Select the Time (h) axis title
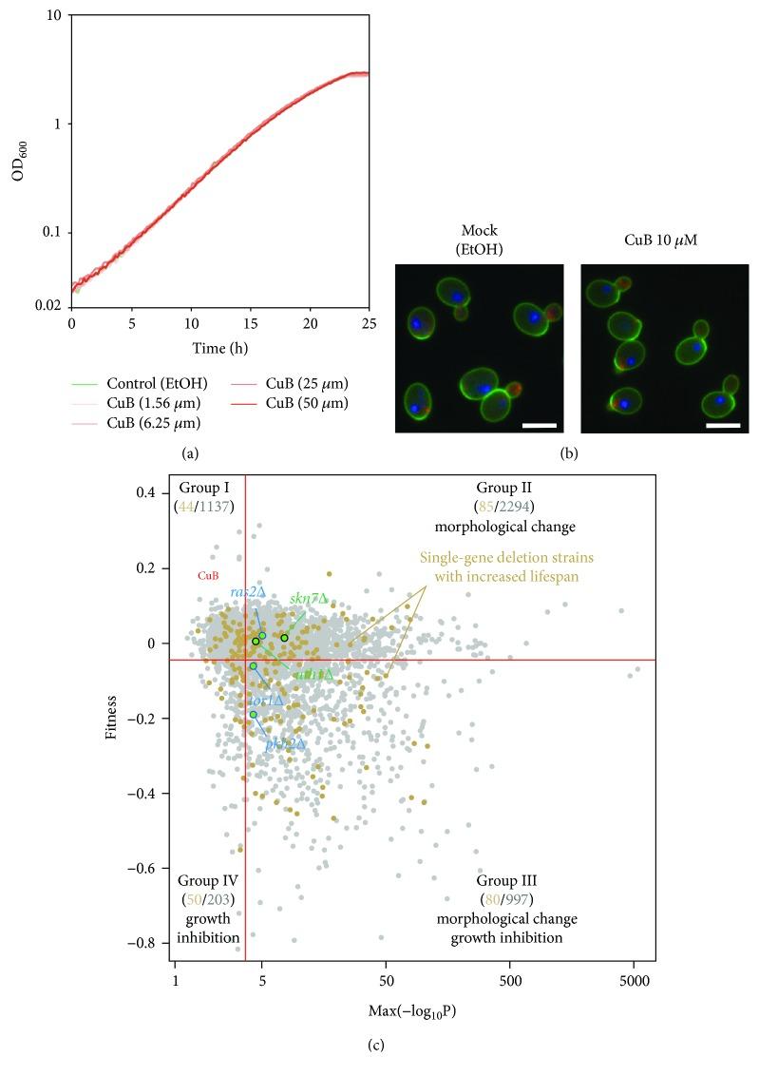point(219,349)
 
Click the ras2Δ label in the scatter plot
point(248,591)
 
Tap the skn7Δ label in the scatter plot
point(309,599)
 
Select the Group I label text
point(204,488)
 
